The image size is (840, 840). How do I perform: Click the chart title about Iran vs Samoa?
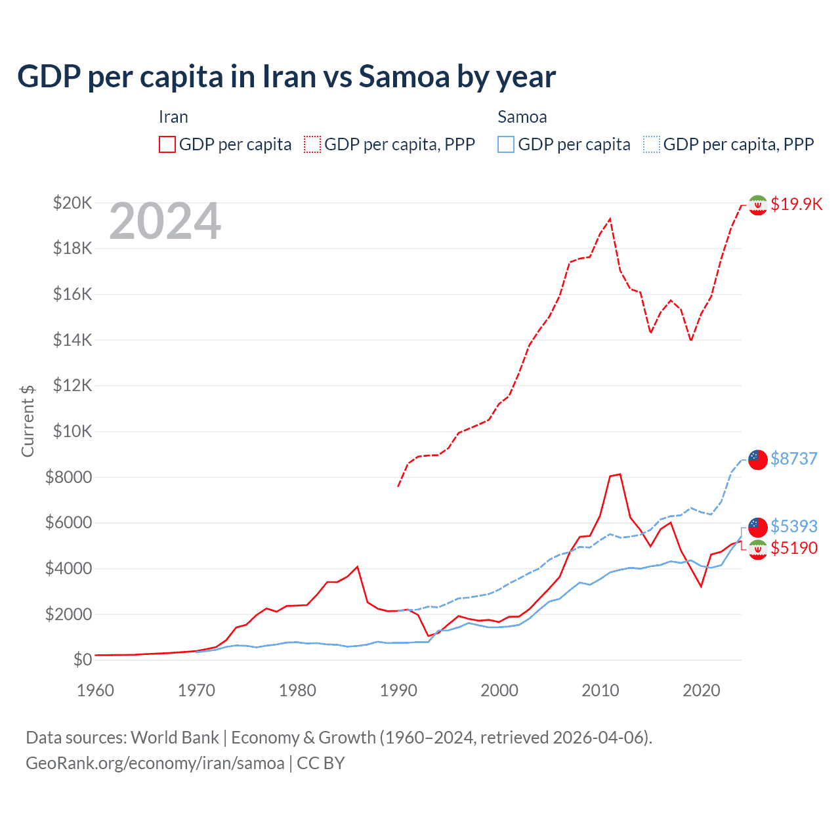coord(286,77)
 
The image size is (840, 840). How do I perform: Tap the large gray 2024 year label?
coord(165,221)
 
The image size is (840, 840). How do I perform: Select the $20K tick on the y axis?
coord(72,203)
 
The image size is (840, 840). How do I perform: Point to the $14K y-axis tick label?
coord(72,340)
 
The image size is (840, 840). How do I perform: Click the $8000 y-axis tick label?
coord(68,477)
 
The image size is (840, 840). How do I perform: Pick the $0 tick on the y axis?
coord(83,660)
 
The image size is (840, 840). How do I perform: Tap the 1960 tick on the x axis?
coord(96,690)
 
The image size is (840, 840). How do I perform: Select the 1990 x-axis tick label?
coord(398,690)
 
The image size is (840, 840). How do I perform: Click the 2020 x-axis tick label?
coord(702,690)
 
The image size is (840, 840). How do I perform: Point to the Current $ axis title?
coord(28,421)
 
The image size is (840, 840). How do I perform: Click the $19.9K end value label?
coord(796,204)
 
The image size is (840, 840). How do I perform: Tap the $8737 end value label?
coord(794,459)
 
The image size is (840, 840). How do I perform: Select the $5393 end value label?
coord(794,526)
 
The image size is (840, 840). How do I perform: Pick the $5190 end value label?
coord(794,548)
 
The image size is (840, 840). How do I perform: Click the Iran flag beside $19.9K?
coord(758,205)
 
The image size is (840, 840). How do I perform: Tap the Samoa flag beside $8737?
coord(758,459)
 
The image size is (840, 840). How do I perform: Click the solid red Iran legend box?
coord(167,144)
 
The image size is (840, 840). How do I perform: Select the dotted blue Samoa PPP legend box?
coord(652,144)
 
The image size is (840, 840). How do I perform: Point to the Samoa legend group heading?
coord(522,117)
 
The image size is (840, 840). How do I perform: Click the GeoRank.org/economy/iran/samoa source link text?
coord(155,763)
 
